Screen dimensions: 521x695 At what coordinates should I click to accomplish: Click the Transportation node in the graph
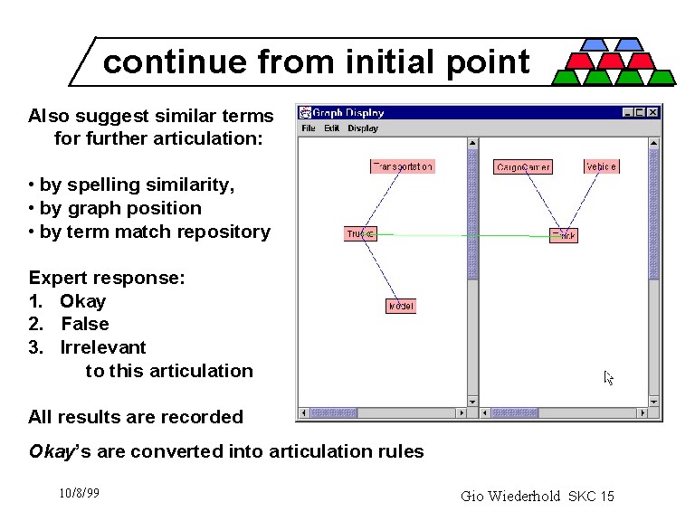(403, 166)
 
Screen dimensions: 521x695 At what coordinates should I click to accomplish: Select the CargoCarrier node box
(523, 167)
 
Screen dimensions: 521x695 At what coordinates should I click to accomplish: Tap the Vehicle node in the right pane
(601, 166)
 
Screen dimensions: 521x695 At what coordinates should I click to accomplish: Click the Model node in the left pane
(400, 307)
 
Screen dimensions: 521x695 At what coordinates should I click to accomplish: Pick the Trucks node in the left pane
(360, 233)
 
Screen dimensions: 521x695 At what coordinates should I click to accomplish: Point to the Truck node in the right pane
(563, 235)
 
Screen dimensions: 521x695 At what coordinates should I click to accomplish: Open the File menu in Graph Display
(309, 128)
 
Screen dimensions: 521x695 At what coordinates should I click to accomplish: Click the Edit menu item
(331, 128)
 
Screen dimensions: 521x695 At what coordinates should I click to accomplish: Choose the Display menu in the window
(363, 128)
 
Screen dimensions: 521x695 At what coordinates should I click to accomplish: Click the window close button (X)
(652, 112)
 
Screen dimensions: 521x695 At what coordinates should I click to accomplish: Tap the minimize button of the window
(627, 112)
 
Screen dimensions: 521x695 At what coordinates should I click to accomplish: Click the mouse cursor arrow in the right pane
(609, 377)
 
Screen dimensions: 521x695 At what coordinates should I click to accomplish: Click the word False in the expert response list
(85, 324)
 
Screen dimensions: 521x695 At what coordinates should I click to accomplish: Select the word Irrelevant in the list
(102, 347)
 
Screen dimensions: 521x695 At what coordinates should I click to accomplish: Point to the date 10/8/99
(79, 493)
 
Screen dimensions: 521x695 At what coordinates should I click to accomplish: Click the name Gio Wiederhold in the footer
(511, 496)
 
